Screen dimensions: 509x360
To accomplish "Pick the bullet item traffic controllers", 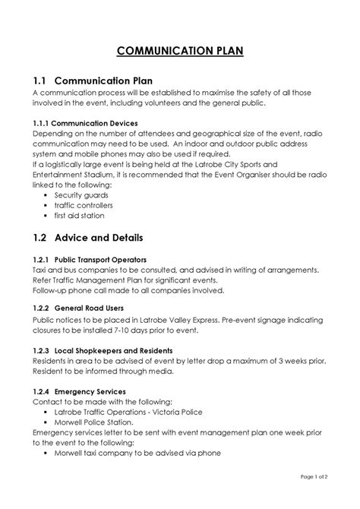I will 84,205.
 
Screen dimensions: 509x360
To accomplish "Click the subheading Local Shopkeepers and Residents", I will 125,349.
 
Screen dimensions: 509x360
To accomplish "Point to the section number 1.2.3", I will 42,349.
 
